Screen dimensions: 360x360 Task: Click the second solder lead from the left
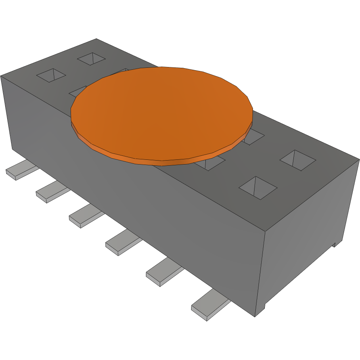tap(52, 193)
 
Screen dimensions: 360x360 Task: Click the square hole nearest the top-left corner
tap(92, 59)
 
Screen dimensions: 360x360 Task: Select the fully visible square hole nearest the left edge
tap(51, 75)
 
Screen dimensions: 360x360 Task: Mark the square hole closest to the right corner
tap(298, 160)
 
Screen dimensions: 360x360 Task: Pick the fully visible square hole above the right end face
tap(258, 188)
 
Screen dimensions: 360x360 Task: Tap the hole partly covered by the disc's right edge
tap(254, 137)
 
